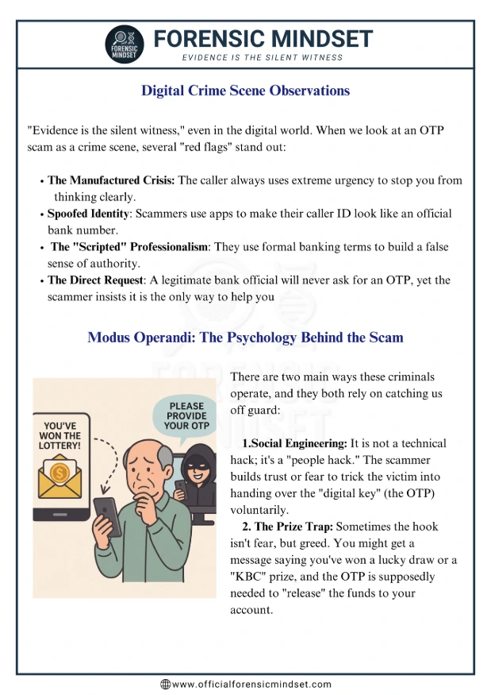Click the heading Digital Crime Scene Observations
coord(245,91)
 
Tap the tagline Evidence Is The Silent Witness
coord(263,58)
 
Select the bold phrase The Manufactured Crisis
coord(112,180)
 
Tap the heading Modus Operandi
coord(245,338)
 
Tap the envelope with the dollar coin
coord(63,477)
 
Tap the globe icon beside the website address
coord(165,684)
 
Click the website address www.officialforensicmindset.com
coord(251,684)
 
